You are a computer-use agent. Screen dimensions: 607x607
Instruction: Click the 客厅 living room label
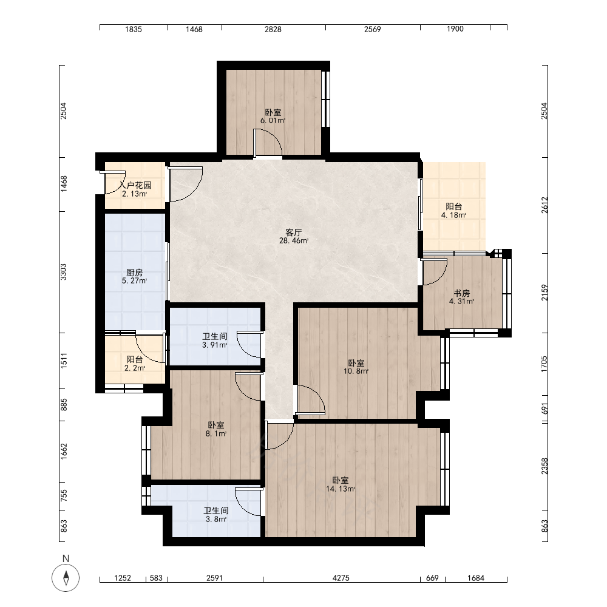click(x=293, y=232)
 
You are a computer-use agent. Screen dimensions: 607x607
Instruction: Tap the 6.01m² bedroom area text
click(x=273, y=120)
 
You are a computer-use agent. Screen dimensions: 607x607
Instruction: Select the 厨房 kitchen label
click(x=134, y=273)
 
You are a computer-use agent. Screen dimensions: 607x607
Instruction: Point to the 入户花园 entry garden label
click(x=135, y=185)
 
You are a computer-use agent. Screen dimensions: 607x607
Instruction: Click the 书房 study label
click(x=462, y=293)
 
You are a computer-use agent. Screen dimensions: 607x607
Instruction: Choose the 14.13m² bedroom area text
click(x=341, y=489)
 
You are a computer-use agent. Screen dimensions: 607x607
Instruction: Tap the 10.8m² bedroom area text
click(x=356, y=371)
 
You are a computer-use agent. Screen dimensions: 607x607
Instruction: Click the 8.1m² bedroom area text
click(x=216, y=433)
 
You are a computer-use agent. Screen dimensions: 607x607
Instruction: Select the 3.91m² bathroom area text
click(x=215, y=345)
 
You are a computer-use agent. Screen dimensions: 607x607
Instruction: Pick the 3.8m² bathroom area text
click(x=216, y=519)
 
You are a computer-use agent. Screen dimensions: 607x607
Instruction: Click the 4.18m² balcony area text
click(x=453, y=215)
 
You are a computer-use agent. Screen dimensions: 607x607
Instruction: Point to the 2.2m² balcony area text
click(x=135, y=368)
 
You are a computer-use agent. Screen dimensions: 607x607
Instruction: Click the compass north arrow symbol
click(x=66, y=578)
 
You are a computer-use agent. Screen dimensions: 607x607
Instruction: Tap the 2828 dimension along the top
click(x=273, y=29)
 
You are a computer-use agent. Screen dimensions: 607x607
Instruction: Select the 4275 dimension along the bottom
click(x=341, y=578)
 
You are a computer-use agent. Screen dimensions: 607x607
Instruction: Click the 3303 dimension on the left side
click(x=64, y=272)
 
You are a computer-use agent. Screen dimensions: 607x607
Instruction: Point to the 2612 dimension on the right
click(x=544, y=205)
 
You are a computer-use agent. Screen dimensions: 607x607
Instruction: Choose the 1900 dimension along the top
click(x=455, y=29)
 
